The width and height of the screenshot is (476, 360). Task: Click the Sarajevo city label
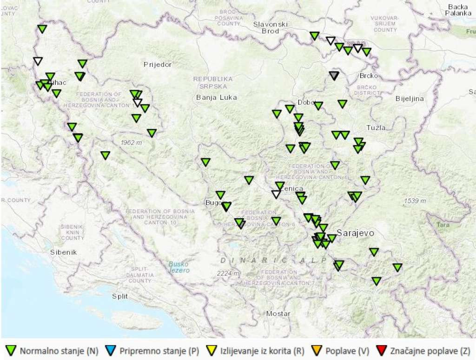356,233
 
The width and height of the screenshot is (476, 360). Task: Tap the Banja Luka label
216,97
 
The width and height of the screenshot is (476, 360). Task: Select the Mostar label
278,313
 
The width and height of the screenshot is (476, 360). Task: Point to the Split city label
119,296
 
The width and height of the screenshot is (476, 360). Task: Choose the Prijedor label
158,65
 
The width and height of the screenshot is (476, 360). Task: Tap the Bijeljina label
410,99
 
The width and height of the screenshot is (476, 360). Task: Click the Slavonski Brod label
271,27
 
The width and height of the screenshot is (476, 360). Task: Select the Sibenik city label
63,252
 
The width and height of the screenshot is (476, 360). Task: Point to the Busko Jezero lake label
179,267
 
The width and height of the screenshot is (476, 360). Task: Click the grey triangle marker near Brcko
334,76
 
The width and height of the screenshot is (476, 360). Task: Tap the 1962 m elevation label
131,142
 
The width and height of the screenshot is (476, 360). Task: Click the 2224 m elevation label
228,273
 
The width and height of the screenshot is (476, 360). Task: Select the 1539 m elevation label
415,201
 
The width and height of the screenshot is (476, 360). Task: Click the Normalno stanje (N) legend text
59,351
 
